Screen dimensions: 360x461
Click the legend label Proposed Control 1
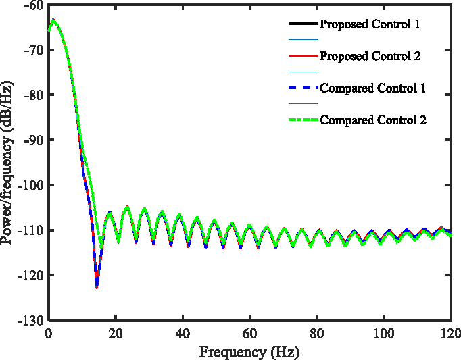[370, 24]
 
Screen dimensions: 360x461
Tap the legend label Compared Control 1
[372, 88]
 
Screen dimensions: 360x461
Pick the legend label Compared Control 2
[372, 120]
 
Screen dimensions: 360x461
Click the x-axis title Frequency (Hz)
[249, 352]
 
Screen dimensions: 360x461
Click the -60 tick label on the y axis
[34, 5]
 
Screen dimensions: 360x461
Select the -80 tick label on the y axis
[34, 95]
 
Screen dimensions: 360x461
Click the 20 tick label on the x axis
[116, 334]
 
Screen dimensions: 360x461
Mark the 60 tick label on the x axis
[249, 334]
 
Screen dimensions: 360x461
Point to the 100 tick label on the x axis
[383, 334]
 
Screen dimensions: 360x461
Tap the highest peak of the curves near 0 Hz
[53, 20]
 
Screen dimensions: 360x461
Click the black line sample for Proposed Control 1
[303, 24]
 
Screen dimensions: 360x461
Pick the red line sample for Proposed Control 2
[303, 56]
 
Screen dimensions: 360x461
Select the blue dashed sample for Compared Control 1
[303, 88]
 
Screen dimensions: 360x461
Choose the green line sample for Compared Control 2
[303, 120]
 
